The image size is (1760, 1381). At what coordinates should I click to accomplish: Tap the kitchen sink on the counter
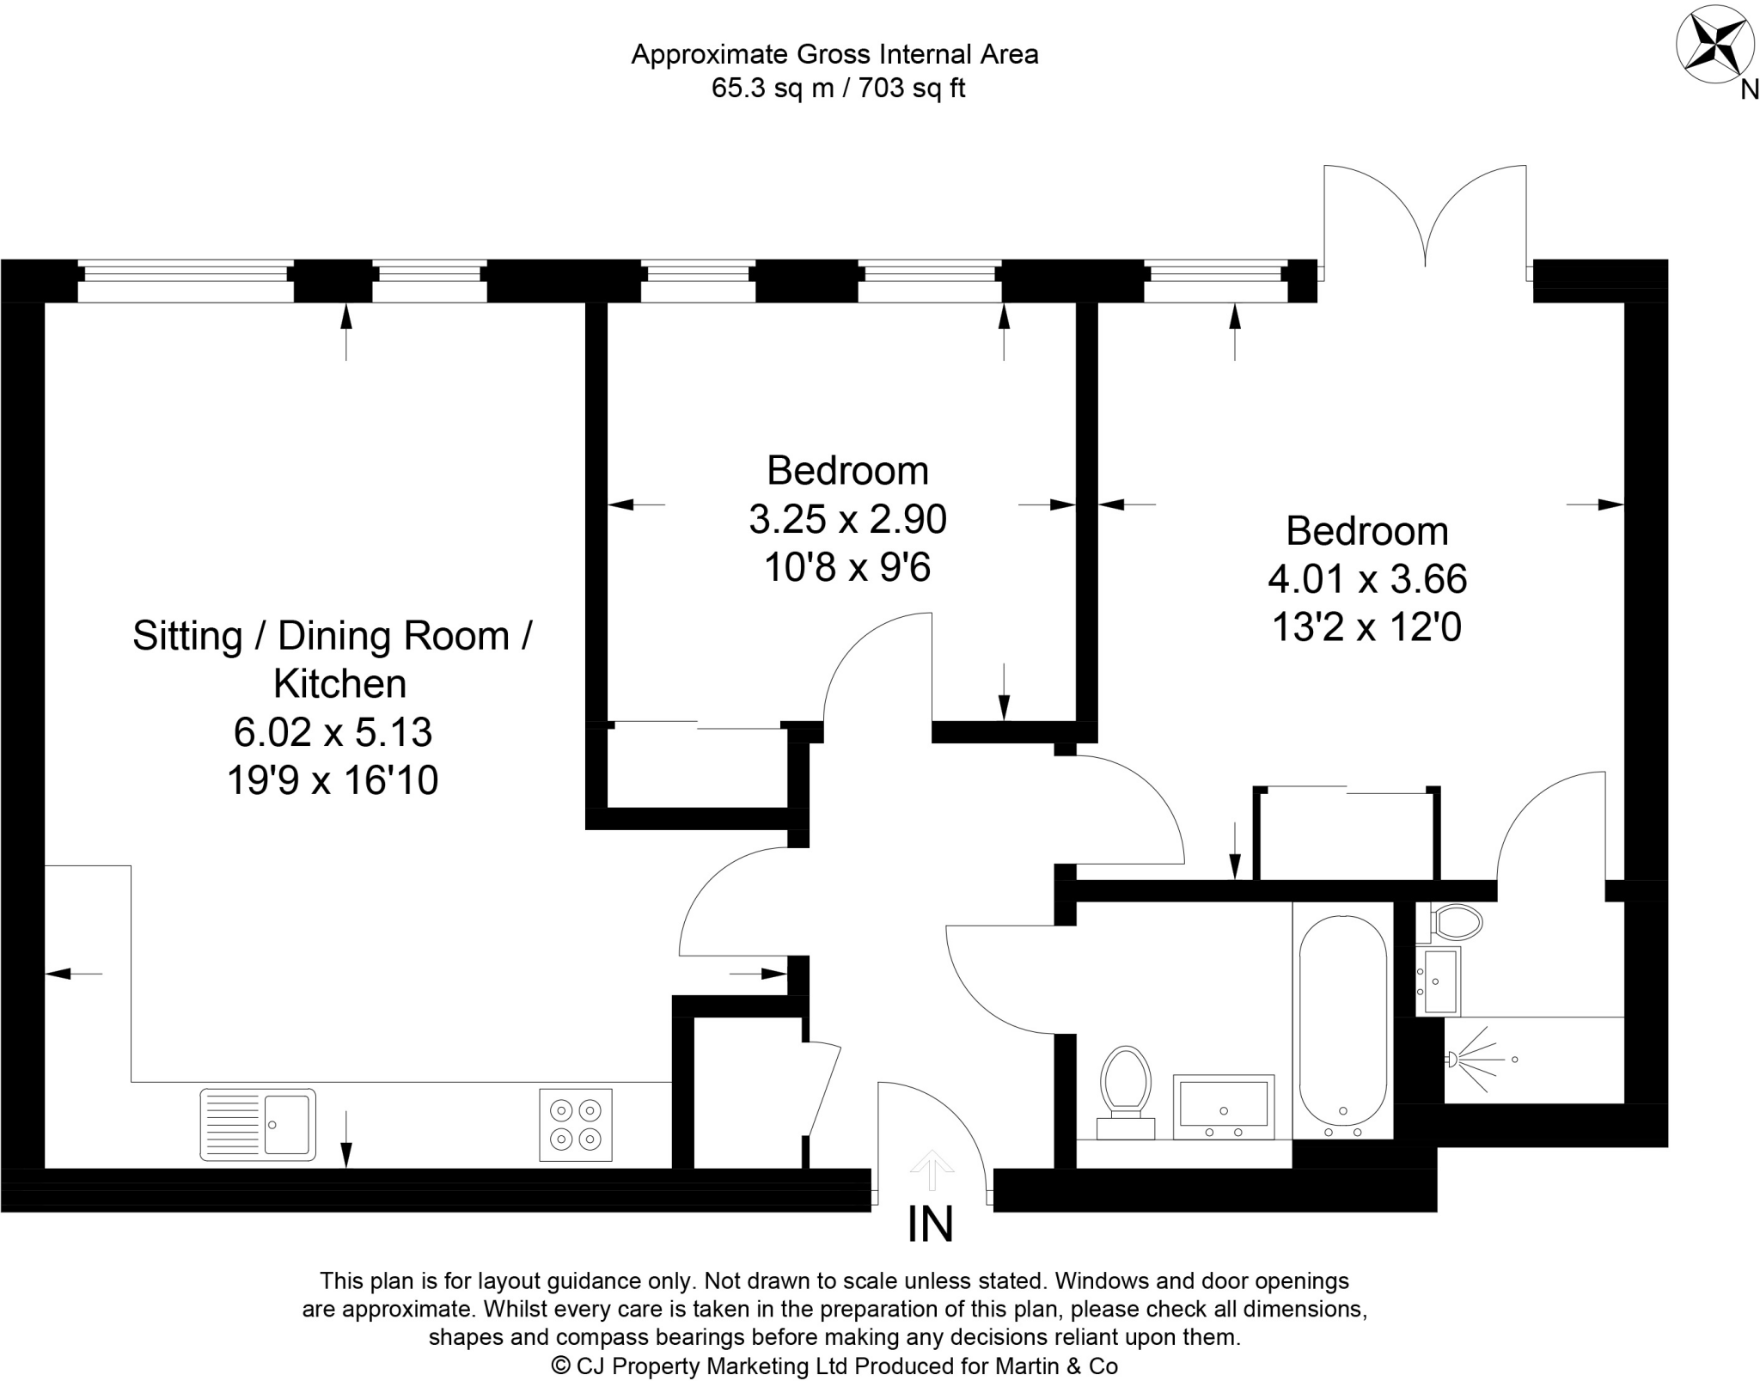[258, 1125]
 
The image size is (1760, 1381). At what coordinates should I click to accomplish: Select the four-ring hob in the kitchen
[576, 1125]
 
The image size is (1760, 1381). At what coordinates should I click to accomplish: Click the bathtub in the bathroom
[1342, 1020]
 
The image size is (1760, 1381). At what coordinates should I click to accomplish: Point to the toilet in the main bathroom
[1127, 1088]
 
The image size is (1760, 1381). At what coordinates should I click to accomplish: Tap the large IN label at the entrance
[931, 1225]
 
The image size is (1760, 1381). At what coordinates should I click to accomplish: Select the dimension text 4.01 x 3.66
[1367, 579]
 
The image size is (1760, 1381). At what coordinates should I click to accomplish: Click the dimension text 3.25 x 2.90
[847, 519]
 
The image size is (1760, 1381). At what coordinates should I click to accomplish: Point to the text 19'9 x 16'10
[333, 781]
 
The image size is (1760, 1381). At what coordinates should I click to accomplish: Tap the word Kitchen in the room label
[339, 684]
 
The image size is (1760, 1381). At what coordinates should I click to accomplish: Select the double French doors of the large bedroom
[1425, 219]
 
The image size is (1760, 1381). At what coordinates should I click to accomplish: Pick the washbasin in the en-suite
[1440, 981]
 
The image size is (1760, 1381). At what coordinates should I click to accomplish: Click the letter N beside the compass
[1749, 89]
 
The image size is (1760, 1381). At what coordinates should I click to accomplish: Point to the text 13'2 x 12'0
[1366, 627]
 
